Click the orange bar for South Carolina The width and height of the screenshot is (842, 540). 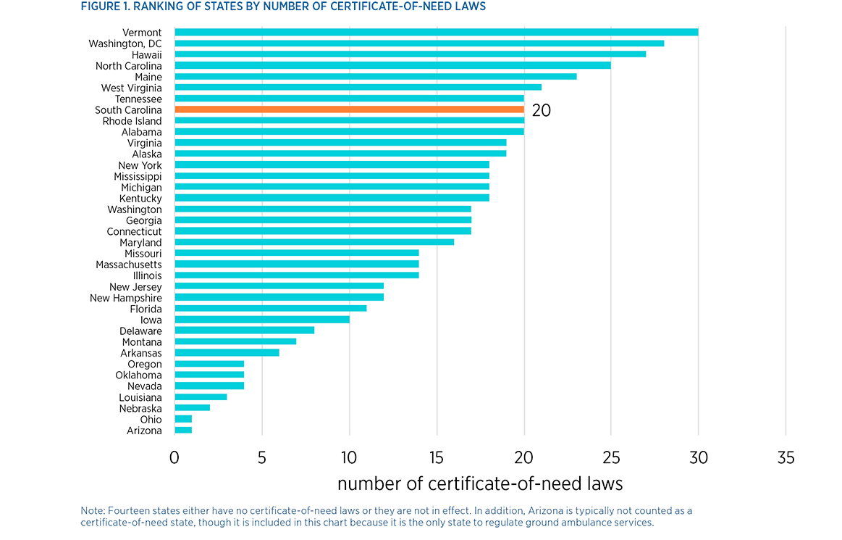[x=349, y=109]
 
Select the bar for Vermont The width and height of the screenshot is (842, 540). [x=436, y=32]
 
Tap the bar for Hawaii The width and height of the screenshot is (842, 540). [x=410, y=54]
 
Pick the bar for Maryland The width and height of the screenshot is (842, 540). [x=314, y=242]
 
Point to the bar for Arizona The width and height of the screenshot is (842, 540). [x=183, y=431]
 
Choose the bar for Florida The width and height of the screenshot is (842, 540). [x=271, y=309]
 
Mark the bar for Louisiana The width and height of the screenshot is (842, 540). [x=201, y=397]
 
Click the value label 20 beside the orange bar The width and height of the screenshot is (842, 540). [x=541, y=111]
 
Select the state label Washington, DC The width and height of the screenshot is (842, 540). [x=125, y=43]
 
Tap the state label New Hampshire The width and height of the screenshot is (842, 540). [x=126, y=298]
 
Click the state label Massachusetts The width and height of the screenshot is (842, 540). [x=129, y=265]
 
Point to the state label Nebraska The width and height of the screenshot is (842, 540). [x=140, y=409]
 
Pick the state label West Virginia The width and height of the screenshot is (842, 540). [x=132, y=88]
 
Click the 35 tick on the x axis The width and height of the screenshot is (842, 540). [x=786, y=458]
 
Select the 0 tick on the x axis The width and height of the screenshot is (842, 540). [x=174, y=458]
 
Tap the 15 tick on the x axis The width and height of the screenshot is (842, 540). [x=437, y=458]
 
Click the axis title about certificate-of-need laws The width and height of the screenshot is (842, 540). [x=479, y=483]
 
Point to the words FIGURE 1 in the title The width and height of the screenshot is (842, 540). [x=109, y=7]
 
